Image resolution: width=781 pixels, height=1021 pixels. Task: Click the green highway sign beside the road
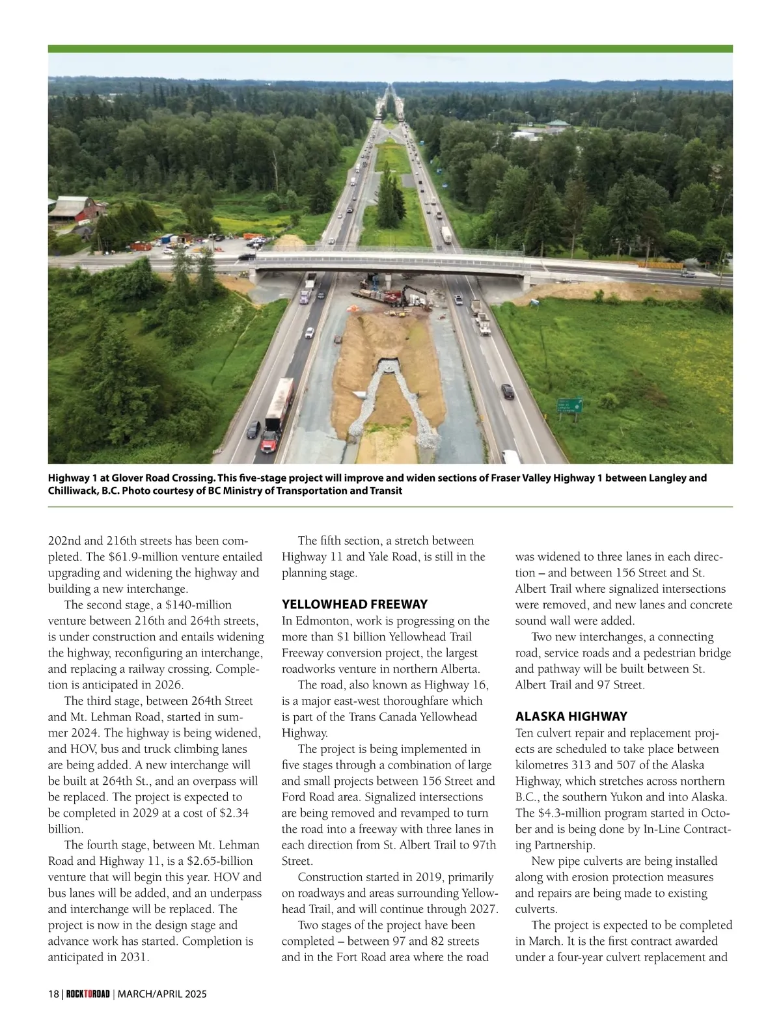[x=569, y=405]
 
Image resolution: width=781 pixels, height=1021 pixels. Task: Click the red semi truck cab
[x=269, y=442]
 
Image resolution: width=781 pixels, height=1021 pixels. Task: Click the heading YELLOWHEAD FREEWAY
[x=355, y=604]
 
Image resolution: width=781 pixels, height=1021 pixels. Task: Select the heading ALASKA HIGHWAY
[x=571, y=716]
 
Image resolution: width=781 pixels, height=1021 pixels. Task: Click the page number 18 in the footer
[x=53, y=994]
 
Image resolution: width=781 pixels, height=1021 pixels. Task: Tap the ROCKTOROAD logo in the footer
[x=88, y=994]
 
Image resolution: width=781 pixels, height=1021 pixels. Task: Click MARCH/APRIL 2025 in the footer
[x=162, y=994]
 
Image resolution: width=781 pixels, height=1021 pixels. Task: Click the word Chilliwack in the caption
[x=71, y=491]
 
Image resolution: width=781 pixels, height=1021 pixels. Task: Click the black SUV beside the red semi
[x=253, y=429]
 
